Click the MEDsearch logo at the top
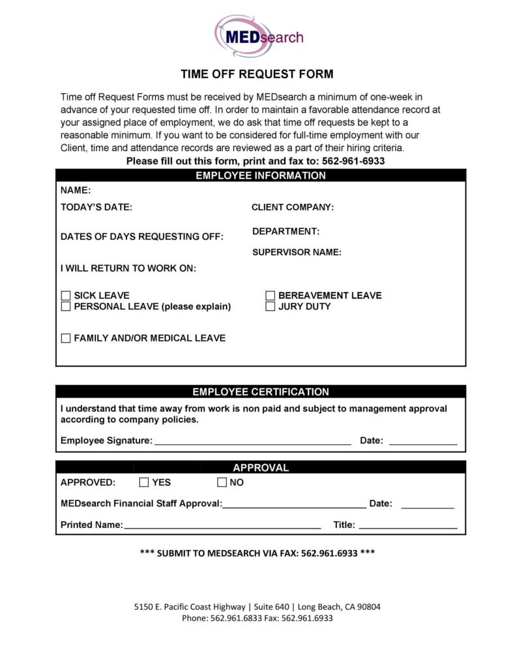point(259,36)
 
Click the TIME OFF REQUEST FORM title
point(257,74)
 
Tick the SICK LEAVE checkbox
point(66,296)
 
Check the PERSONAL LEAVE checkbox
point(66,306)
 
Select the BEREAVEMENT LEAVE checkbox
point(271,296)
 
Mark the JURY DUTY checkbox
point(271,306)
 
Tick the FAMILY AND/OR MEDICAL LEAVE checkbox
point(66,338)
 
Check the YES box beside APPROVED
point(144,483)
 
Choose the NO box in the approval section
point(222,483)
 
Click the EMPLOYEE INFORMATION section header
point(260,175)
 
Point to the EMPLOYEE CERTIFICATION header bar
point(260,392)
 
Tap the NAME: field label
point(76,191)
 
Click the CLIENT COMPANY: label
point(293,207)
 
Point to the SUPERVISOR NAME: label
point(297,253)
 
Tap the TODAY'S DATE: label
point(96,207)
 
